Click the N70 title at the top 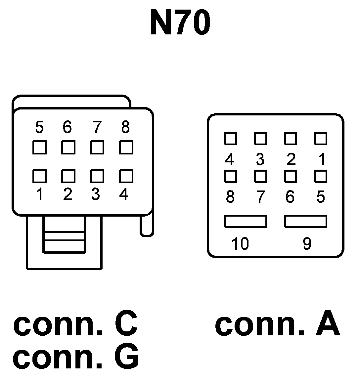180,23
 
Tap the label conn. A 277,324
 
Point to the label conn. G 76,358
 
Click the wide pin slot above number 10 245,221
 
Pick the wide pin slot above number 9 305,221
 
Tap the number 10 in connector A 240,244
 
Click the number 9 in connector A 307,244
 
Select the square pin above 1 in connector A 320,139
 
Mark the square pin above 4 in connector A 230,139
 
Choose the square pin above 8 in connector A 230,176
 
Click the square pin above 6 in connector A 290,176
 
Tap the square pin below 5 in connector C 39,147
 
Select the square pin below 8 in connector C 126,147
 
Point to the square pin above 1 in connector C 39,176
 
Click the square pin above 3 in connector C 97,176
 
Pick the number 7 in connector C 96,127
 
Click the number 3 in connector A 260,160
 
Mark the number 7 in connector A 260,197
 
